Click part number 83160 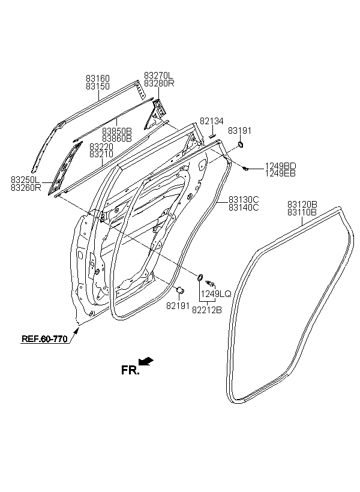coord(98,78)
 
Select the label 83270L coord(158,76)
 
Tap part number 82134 coord(212,121)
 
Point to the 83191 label coord(240,131)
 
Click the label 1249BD coord(281,166)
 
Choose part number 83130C coord(244,200)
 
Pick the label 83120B coord(302,204)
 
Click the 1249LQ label coord(216,294)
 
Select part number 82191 coord(178,305)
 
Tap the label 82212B coord(207,310)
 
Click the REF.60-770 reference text coord(44,339)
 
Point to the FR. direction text coord(130,370)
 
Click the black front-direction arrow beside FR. coord(146,361)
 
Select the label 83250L coord(26,180)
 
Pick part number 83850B coord(117,131)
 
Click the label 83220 coord(101,146)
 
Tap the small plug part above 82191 coord(181,290)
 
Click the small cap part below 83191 coord(241,145)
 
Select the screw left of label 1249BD coord(246,169)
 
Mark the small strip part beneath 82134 coord(212,136)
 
